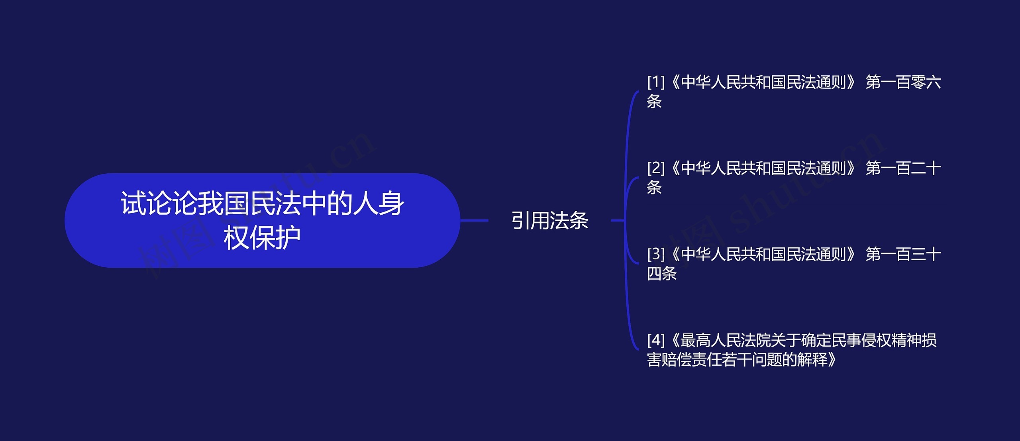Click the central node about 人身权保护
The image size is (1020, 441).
click(x=262, y=220)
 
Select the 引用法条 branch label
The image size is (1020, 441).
click(x=550, y=220)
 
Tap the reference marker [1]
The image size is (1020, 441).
click(x=656, y=82)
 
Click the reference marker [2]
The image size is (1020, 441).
click(x=656, y=169)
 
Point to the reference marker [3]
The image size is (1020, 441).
click(x=656, y=254)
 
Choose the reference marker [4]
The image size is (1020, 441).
click(x=656, y=340)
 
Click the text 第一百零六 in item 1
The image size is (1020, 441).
click(x=903, y=82)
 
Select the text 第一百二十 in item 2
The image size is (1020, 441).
click(x=903, y=169)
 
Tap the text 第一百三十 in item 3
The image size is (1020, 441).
click(x=903, y=254)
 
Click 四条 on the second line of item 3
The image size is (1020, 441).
click(x=662, y=274)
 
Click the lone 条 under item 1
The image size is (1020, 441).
click(x=654, y=102)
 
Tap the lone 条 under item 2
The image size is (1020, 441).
click(x=654, y=188)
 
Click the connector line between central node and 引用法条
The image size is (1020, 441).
click(x=474, y=220)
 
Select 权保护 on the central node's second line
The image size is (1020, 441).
click(x=262, y=238)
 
